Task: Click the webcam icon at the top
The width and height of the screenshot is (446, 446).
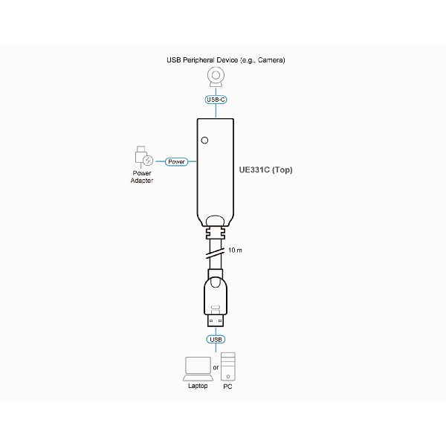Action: click(x=216, y=77)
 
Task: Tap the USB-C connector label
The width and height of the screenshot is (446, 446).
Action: click(x=216, y=100)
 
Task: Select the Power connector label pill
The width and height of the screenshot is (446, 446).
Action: click(x=176, y=161)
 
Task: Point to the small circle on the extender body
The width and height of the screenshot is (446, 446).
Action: click(x=204, y=140)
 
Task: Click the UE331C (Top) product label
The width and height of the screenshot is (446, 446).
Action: click(x=265, y=169)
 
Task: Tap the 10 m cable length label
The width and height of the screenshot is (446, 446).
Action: click(x=235, y=250)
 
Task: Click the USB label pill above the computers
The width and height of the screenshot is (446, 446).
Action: click(x=216, y=340)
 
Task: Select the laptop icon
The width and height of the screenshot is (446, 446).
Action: click(x=198, y=369)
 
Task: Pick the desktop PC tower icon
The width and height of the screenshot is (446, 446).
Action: click(x=228, y=366)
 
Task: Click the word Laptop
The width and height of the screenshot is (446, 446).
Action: click(x=198, y=386)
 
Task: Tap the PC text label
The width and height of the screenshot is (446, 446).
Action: click(x=228, y=387)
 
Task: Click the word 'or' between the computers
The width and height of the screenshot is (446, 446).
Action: click(x=216, y=367)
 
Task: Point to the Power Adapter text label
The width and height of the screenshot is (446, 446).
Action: click(x=142, y=177)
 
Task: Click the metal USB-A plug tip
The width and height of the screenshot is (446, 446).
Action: click(x=216, y=320)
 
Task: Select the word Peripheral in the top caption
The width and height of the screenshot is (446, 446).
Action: click(x=198, y=60)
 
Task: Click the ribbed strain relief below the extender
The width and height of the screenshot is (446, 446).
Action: click(x=216, y=233)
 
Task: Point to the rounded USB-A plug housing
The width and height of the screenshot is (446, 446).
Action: click(x=216, y=296)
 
